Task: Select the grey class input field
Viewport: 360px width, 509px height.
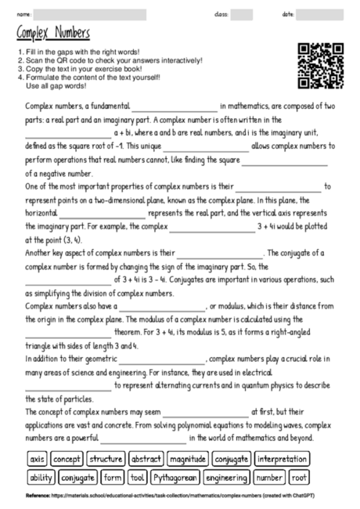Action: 241,13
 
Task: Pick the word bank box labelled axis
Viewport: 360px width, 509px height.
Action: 37,459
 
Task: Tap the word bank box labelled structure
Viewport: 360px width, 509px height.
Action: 106,459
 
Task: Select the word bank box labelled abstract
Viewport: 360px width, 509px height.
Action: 146,459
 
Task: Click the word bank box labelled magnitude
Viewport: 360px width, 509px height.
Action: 187,459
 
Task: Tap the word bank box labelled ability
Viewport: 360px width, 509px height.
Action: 41,477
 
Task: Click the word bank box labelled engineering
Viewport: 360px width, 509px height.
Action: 227,477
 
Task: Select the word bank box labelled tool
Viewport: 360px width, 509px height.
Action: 138,477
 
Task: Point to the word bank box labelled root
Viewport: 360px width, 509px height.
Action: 299,477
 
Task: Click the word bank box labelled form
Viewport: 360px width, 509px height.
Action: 113,477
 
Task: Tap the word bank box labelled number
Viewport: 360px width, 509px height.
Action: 269,477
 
